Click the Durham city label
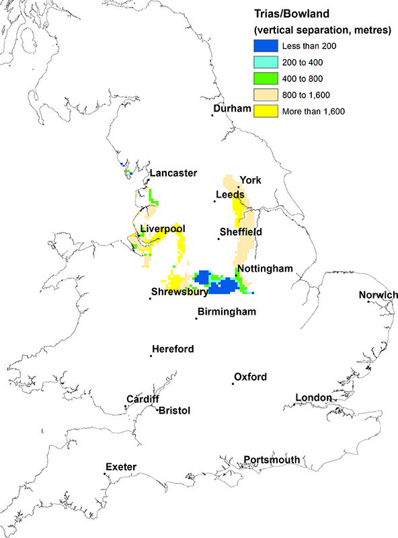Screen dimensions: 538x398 pos(232,109)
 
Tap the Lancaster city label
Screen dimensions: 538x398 pos(173,174)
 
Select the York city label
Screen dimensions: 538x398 pos(249,180)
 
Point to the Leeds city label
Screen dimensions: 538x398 pos(230,195)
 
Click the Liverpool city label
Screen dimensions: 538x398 pos(163,230)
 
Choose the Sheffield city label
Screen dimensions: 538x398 pos(241,232)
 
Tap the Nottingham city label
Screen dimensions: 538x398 pos(265,268)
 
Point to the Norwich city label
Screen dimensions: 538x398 pos(379,295)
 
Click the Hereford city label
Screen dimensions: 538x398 pos(173,349)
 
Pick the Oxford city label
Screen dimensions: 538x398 pos(250,377)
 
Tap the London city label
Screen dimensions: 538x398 pos(314,398)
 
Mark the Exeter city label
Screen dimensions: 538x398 pos(121,467)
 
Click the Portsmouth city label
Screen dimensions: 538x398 pos(272,459)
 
